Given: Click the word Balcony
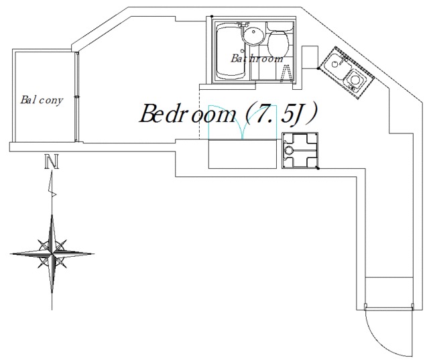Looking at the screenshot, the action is click(x=42, y=100).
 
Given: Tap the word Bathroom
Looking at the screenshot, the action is click(x=257, y=58).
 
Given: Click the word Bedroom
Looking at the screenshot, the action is click(x=188, y=113).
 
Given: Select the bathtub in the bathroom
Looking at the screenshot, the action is click(x=230, y=52).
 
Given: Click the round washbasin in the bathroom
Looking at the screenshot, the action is click(x=253, y=35).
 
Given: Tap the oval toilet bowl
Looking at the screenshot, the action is click(x=278, y=44).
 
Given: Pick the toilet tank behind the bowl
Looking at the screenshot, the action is click(x=280, y=26).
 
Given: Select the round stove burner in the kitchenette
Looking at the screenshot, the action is click(x=355, y=80).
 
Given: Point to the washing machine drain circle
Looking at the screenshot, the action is click(x=288, y=150).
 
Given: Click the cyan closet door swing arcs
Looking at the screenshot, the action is click(x=243, y=122).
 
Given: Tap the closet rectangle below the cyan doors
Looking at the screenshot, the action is click(x=243, y=154).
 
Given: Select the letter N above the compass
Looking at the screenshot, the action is click(x=52, y=162).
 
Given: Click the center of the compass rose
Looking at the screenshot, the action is click(x=52, y=253).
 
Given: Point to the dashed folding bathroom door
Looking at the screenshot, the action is click(x=287, y=73).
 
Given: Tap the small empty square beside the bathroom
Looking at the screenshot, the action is click(x=310, y=57).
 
